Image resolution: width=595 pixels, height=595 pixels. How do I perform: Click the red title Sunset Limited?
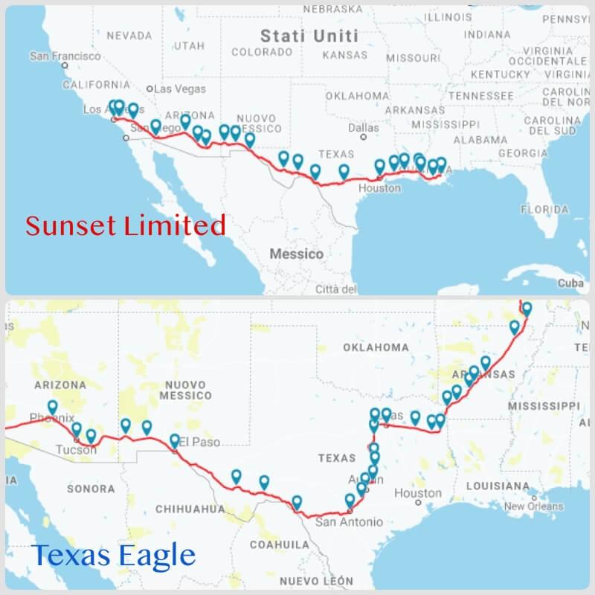tap(126, 225)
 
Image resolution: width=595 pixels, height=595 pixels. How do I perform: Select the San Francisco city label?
tap(65, 57)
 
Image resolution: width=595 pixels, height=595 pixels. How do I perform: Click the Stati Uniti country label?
tap(309, 36)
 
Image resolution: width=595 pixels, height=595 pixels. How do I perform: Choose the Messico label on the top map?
tap(296, 254)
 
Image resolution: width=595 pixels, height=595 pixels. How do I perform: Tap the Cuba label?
tap(570, 283)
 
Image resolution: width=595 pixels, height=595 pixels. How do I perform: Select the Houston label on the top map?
tap(379, 188)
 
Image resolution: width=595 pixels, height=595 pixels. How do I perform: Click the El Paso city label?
tap(201, 442)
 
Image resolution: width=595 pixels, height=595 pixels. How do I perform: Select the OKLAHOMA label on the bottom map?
tap(376, 347)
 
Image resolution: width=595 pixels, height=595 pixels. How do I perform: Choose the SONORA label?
tap(91, 489)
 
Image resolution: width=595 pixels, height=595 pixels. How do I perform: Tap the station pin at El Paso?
tap(175, 440)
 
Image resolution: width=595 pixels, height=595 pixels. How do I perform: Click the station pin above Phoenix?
tap(53, 407)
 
